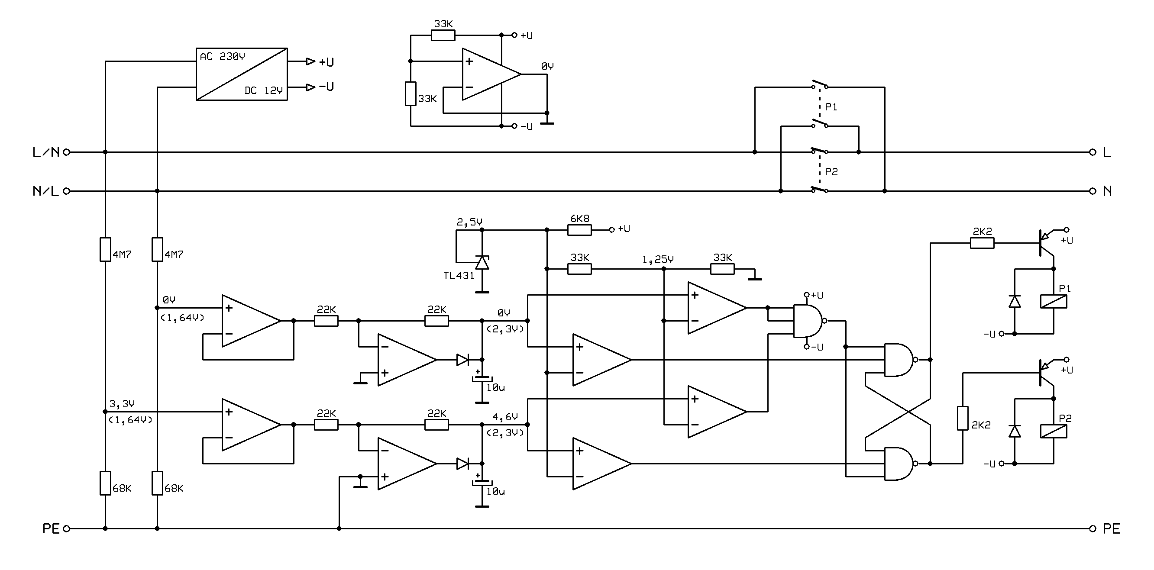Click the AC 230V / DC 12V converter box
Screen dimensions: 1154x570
[x=242, y=74]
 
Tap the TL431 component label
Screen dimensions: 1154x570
[x=459, y=276]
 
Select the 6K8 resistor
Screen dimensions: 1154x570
[x=579, y=230]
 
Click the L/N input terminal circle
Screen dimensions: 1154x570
[x=67, y=152]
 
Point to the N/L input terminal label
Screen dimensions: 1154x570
[x=46, y=191]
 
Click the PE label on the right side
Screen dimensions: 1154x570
[x=1112, y=529]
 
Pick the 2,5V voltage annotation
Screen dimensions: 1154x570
[x=469, y=222]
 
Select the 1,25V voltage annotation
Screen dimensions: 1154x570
[x=658, y=260]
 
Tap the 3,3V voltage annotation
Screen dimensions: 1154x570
[x=122, y=404]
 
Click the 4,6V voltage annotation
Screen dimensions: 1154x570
[x=505, y=417]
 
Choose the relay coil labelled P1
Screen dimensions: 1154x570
[x=1054, y=301]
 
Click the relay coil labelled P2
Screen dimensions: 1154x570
[x=1054, y=431]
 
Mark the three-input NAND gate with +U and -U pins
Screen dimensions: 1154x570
[x=808, y=321]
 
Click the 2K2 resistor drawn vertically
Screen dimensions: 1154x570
[x=963, y=418]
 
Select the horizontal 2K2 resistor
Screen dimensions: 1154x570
[x=983, y=243]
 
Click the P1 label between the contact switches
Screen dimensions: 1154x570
[x=831, y=107]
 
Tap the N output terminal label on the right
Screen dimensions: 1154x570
[x=1107, y=191]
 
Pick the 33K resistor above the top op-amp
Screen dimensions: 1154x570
[x=443, y=35]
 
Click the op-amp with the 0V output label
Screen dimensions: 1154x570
[x=491, y=74]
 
